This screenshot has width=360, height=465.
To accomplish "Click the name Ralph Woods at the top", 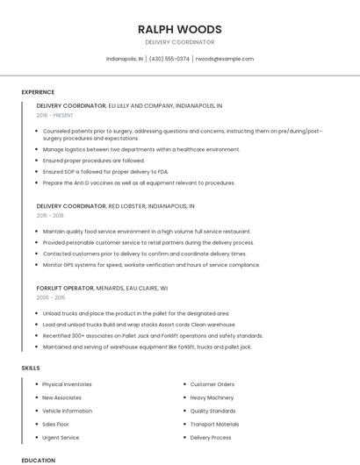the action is [x=180, y=29].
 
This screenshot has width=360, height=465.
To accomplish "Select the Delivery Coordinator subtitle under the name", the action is [x=180, y=42].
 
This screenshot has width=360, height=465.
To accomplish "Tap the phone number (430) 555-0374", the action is [x=169, y=59].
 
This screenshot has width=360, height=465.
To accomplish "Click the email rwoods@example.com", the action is [x=224, y=59].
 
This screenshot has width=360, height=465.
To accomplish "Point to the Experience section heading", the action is [x=38, y=92].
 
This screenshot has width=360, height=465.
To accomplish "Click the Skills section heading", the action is [x=31, y=368].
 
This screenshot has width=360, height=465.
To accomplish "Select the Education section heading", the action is [x=38, y=460].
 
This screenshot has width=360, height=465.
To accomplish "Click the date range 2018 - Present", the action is [x=56, y=115].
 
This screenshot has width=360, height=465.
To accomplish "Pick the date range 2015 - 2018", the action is [x=50, y=215].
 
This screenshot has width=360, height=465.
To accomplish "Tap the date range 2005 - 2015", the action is [x=51, y=297].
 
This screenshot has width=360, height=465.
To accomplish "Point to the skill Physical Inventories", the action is [x=67, y=384].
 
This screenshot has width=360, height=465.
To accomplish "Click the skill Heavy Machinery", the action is [x=212, y=397].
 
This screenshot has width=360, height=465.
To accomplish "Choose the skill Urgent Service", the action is [x=61, y=437].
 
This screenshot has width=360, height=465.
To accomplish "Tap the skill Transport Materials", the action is [x=214, y=424].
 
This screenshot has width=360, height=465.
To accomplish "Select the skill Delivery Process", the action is [x=211, y=437].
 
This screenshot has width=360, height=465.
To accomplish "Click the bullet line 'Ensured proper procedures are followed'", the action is [x=93, y=161].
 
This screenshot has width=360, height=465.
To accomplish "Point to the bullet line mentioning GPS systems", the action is [x=151, y=264].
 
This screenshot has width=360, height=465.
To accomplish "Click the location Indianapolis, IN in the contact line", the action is [x=125, y=59].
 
